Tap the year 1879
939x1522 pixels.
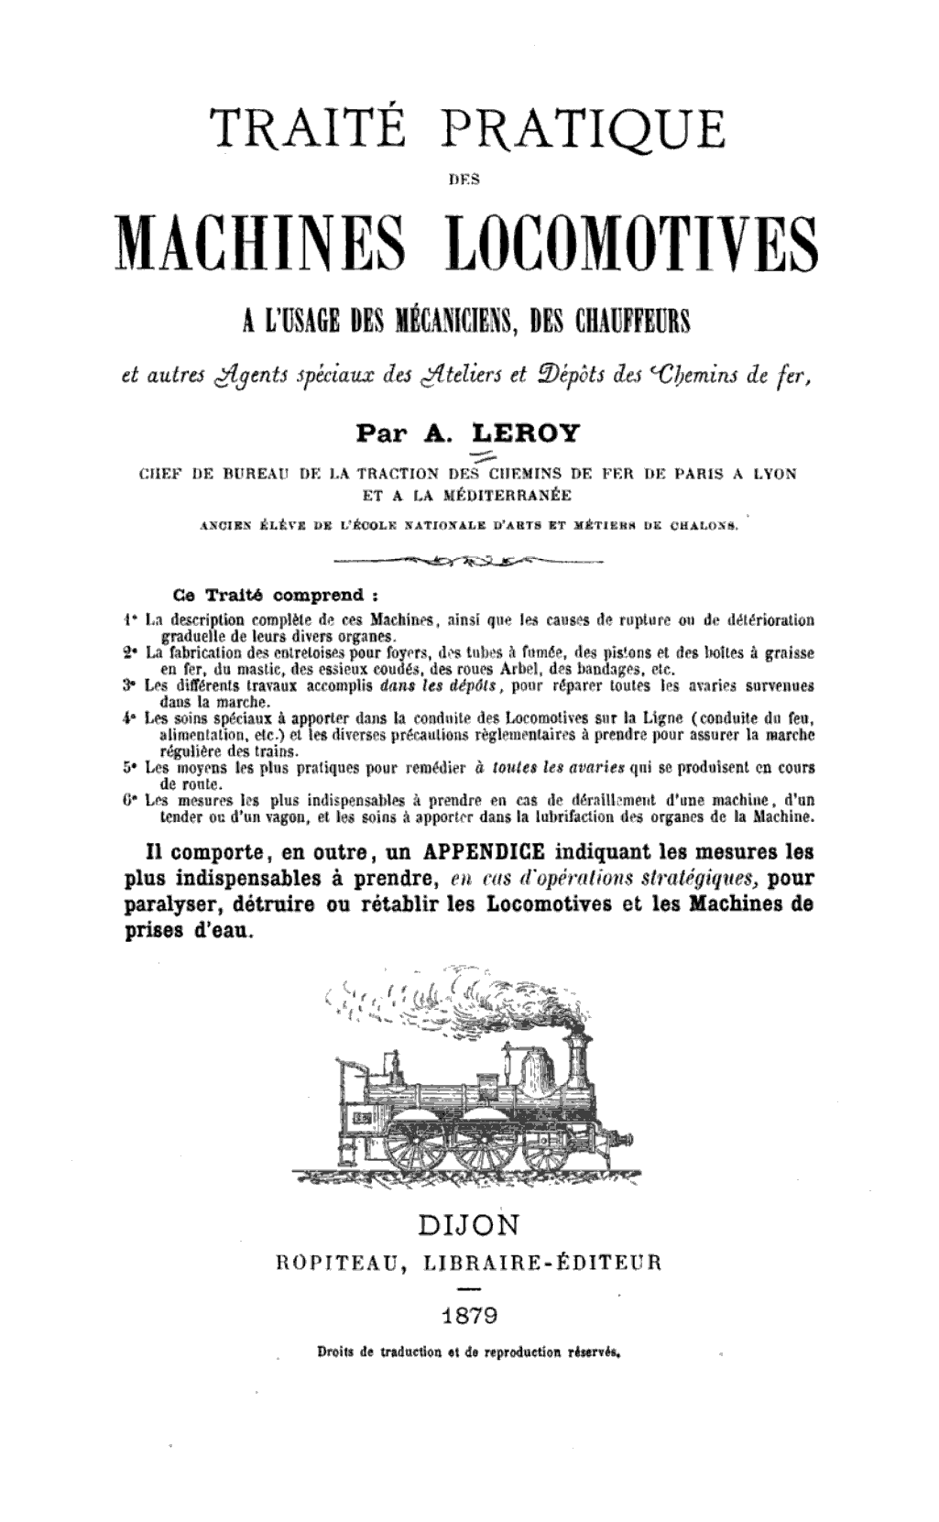coord(467,1317)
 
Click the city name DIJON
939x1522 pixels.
coord(467,1224)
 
